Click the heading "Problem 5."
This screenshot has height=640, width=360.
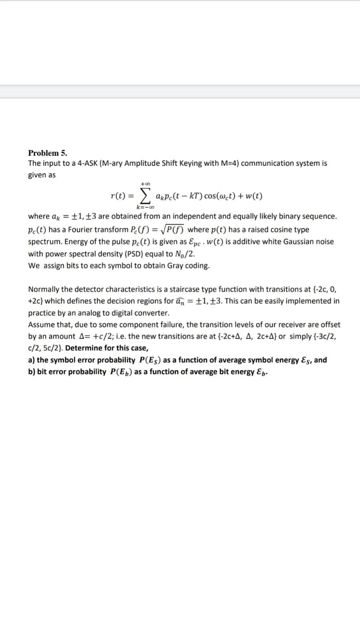coord(48,153)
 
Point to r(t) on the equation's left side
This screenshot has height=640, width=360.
coord(118,196)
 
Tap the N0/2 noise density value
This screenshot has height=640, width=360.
coord(185,254)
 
